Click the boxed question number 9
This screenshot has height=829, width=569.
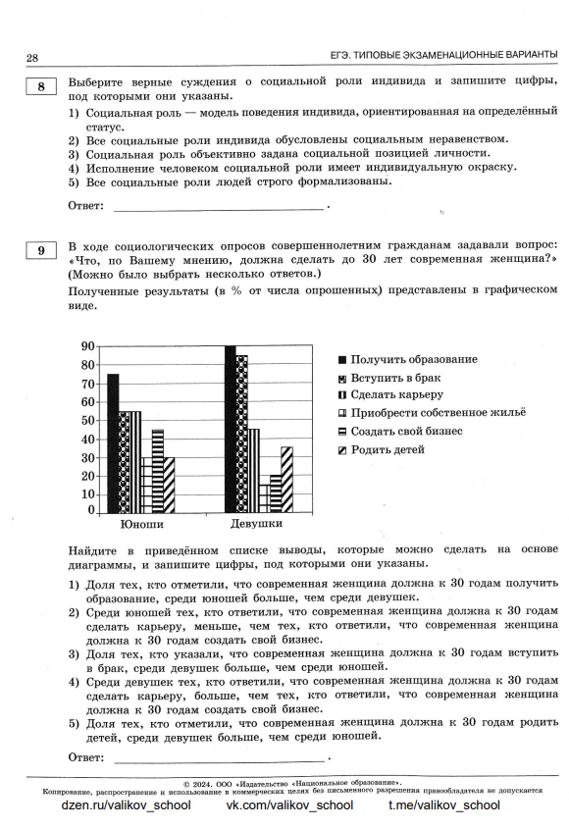(x=40, y=251)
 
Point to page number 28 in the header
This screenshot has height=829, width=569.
(x=32, y=57)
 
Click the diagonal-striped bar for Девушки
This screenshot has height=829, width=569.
(x=286, y=480)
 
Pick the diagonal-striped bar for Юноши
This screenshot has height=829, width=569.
(x=169, y=485)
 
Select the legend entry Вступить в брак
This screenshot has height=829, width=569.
(x=396, y=378)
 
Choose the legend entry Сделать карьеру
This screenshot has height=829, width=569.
(x=396, y=395)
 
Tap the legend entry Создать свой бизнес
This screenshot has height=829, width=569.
(x=406, y=431)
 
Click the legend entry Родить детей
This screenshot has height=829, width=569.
(x=388, y=449)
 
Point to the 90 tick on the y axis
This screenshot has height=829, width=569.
(x=87, y=346)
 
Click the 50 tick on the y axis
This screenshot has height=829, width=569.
(x=87, y=420)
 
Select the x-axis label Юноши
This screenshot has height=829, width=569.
(x=141, y=525)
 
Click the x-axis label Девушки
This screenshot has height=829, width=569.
(x=256, y=525)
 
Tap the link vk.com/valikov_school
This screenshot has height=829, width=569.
(x=289, y=805)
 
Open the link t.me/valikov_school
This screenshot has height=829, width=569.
(x=443, y=805)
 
